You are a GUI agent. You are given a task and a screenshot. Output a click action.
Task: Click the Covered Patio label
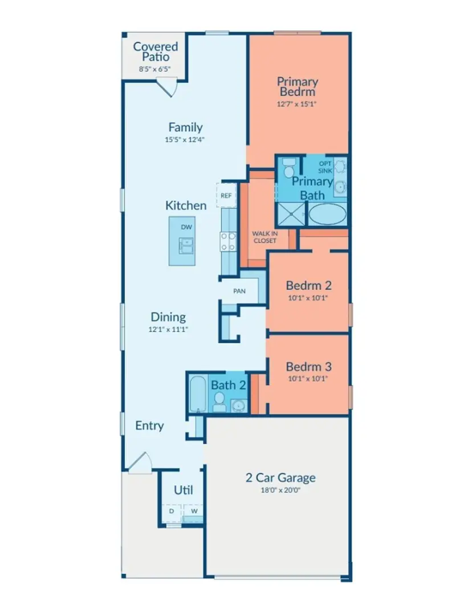pos(156,52)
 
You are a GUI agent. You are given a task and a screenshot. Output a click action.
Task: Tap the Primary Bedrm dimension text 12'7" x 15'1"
pos(296,104)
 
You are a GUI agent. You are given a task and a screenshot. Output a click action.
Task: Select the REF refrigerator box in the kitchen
pos(226,196)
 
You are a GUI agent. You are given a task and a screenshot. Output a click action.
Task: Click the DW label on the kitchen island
pos(186,227)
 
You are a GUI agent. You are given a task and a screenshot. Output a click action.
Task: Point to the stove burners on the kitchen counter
pos(228,242)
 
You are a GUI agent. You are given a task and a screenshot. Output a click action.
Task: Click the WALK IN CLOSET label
pos(265,237)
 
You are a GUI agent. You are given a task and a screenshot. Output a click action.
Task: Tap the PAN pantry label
pos(239,291)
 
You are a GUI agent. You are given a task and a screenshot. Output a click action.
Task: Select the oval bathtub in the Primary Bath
pos(327,214)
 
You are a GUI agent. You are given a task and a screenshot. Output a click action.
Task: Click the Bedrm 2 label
pos(308,285)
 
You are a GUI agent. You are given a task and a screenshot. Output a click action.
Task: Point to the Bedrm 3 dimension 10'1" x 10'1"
pos(308,378)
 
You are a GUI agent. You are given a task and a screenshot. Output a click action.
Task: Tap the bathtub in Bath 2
pos(198,393)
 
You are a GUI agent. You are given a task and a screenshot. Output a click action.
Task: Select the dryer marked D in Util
pos(172,512)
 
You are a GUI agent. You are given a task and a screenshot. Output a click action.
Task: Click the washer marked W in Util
pos(193,512)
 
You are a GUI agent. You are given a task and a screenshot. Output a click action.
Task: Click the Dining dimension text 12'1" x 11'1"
pos(168,329)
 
